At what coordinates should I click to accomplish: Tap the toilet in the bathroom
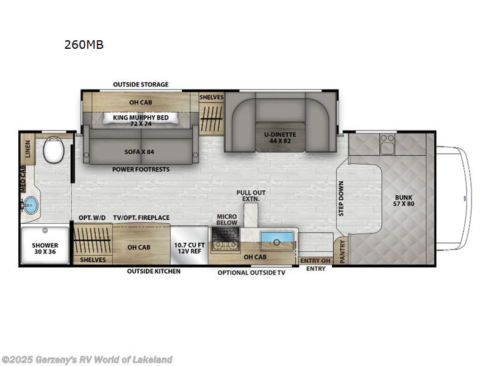(54, 149)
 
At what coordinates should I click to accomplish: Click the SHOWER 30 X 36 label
(45, 249)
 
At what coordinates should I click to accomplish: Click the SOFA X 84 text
(140, 146)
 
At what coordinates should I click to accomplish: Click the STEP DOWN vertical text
(341, 198)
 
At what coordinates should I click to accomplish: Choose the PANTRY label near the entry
(342, 251)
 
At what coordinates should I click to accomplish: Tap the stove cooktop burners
(225, 245)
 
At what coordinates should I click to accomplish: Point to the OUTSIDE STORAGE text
(141, 84)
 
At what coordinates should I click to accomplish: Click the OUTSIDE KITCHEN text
(153, 271)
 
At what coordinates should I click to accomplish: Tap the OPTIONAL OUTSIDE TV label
(251, 273)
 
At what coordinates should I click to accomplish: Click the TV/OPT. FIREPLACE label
(142, 218)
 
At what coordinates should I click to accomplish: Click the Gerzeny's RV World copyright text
(87, 359)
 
